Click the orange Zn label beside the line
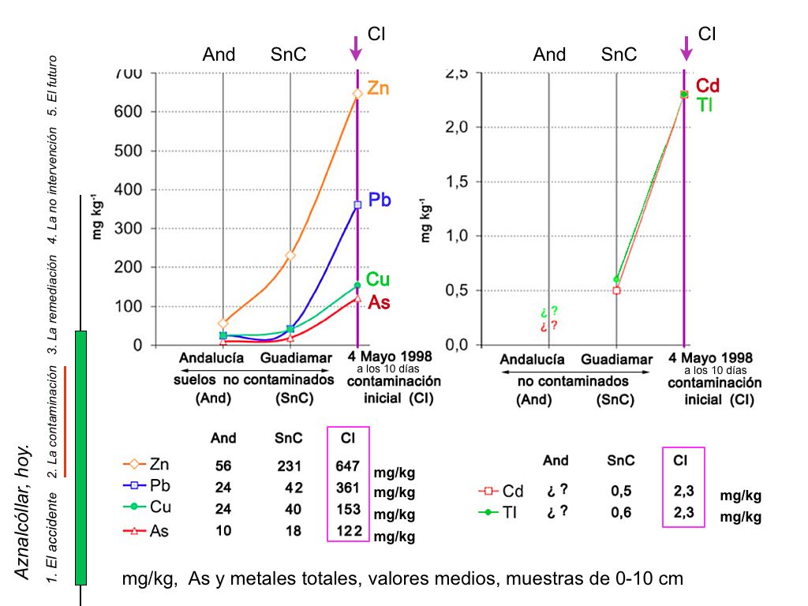point(378,89)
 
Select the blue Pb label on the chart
point(380,200)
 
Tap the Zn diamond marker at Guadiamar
point(290,255)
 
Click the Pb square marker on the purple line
point(357,205)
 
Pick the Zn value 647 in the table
point(348,466)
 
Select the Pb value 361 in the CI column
point(348,488)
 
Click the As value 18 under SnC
point(293,531)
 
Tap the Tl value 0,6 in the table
point(621,512)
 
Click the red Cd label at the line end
point(708,86)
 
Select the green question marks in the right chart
point(549,312)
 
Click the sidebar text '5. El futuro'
point(53,85)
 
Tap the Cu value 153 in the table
point(348,509)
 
